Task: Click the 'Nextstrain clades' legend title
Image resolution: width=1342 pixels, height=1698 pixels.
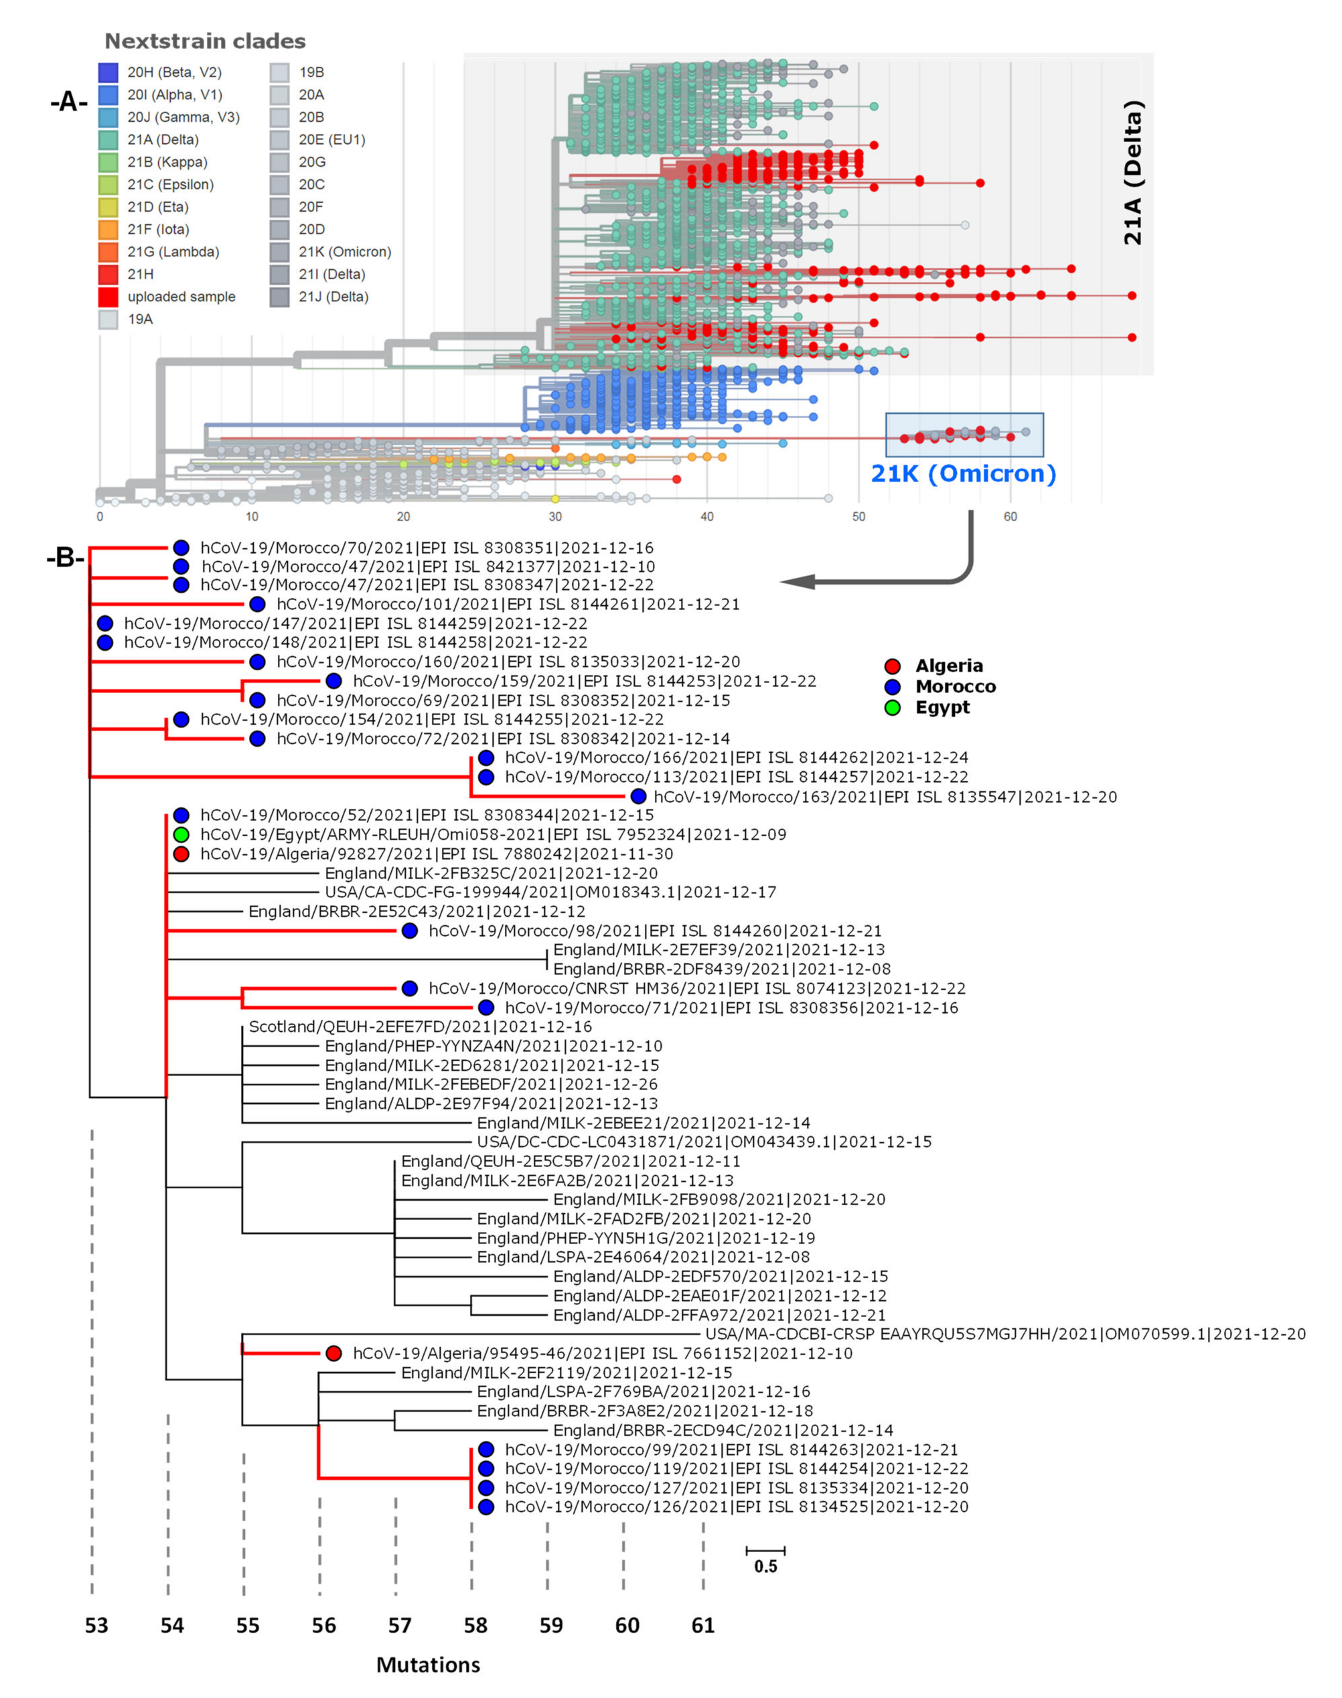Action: (205, 41)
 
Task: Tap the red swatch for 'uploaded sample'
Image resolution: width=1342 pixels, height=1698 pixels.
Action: (108, 297)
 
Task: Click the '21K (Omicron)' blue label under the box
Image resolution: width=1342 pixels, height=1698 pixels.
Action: (963, 474)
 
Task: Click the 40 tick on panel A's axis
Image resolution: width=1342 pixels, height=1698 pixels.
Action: (707, 517)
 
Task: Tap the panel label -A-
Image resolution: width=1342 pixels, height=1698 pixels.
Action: (68, 102)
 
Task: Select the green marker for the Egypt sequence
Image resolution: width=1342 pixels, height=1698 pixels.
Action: (181, 834)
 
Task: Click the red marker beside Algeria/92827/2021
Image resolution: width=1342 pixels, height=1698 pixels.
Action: (181, 854)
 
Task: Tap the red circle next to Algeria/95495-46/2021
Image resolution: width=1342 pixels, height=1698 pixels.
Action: (334, 1353)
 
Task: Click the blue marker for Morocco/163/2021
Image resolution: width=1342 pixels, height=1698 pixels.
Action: (639, 796)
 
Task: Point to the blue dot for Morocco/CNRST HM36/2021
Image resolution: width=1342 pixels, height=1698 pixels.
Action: (409, 988)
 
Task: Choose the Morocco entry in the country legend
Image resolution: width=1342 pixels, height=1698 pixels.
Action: (955, 686)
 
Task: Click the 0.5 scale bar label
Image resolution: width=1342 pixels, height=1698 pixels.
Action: (765, 1566)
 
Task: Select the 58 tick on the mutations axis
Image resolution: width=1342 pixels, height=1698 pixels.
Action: (475, 1625)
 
